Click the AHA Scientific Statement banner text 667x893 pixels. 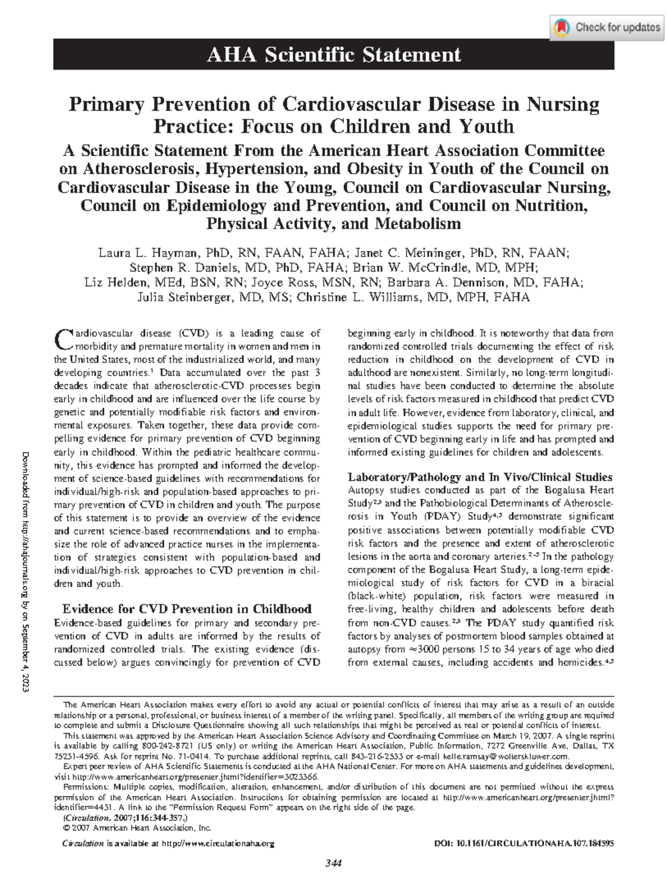coord(333,54)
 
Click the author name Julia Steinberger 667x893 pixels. coord(183,297)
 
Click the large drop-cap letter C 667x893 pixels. coord(63,339)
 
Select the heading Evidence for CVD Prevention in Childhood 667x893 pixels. coord(187,609)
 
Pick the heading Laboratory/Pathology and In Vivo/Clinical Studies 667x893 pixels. coord(480,477)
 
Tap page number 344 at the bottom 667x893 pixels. coord(333,864)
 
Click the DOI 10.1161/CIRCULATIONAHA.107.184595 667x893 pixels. coord(524,844)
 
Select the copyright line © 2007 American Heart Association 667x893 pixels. coord(137,828)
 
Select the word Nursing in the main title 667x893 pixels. coord(563,105)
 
